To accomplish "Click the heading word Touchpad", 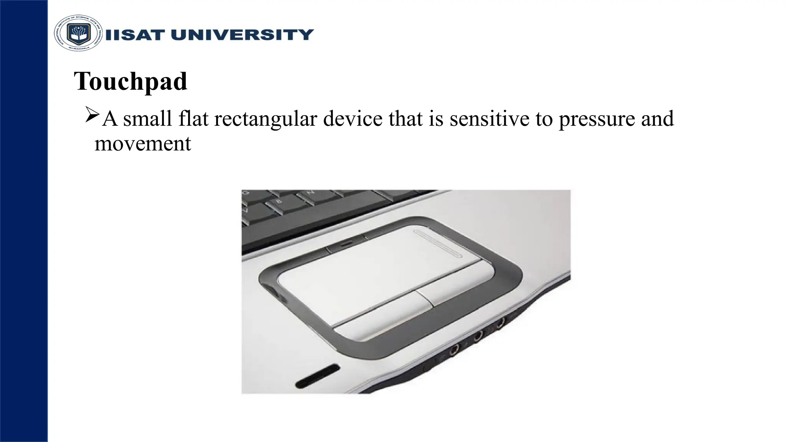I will point(130,81).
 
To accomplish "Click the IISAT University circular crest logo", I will point(78,34).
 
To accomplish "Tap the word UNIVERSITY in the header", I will point(242,35).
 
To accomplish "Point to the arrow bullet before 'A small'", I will point(92,115).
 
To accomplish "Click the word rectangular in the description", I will point(265,119).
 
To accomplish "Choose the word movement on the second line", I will point(142,143).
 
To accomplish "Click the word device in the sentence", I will point(352,119).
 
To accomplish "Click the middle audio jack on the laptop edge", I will point(477,336).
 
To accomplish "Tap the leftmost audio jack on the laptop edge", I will point(454,349).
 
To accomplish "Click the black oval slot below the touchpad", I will point(318,375).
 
